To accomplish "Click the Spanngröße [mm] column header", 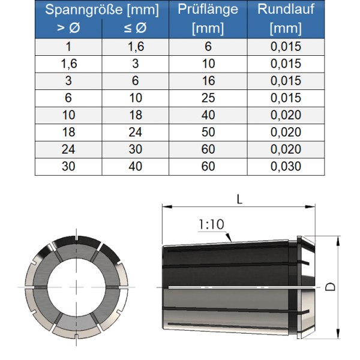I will (102, 10).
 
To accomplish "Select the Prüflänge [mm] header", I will (208, 19).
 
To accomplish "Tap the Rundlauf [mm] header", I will (286, 19).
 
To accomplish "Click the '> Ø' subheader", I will (68, 28).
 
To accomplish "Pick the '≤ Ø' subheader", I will (136, 28).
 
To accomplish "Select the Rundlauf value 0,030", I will (286, 167).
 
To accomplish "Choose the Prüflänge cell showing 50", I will (208, 133).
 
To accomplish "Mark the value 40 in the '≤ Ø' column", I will (136, 167).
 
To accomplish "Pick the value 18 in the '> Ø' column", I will (68, 133).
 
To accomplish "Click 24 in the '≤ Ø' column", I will (136, 133).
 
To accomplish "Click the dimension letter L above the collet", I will (239, 199).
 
